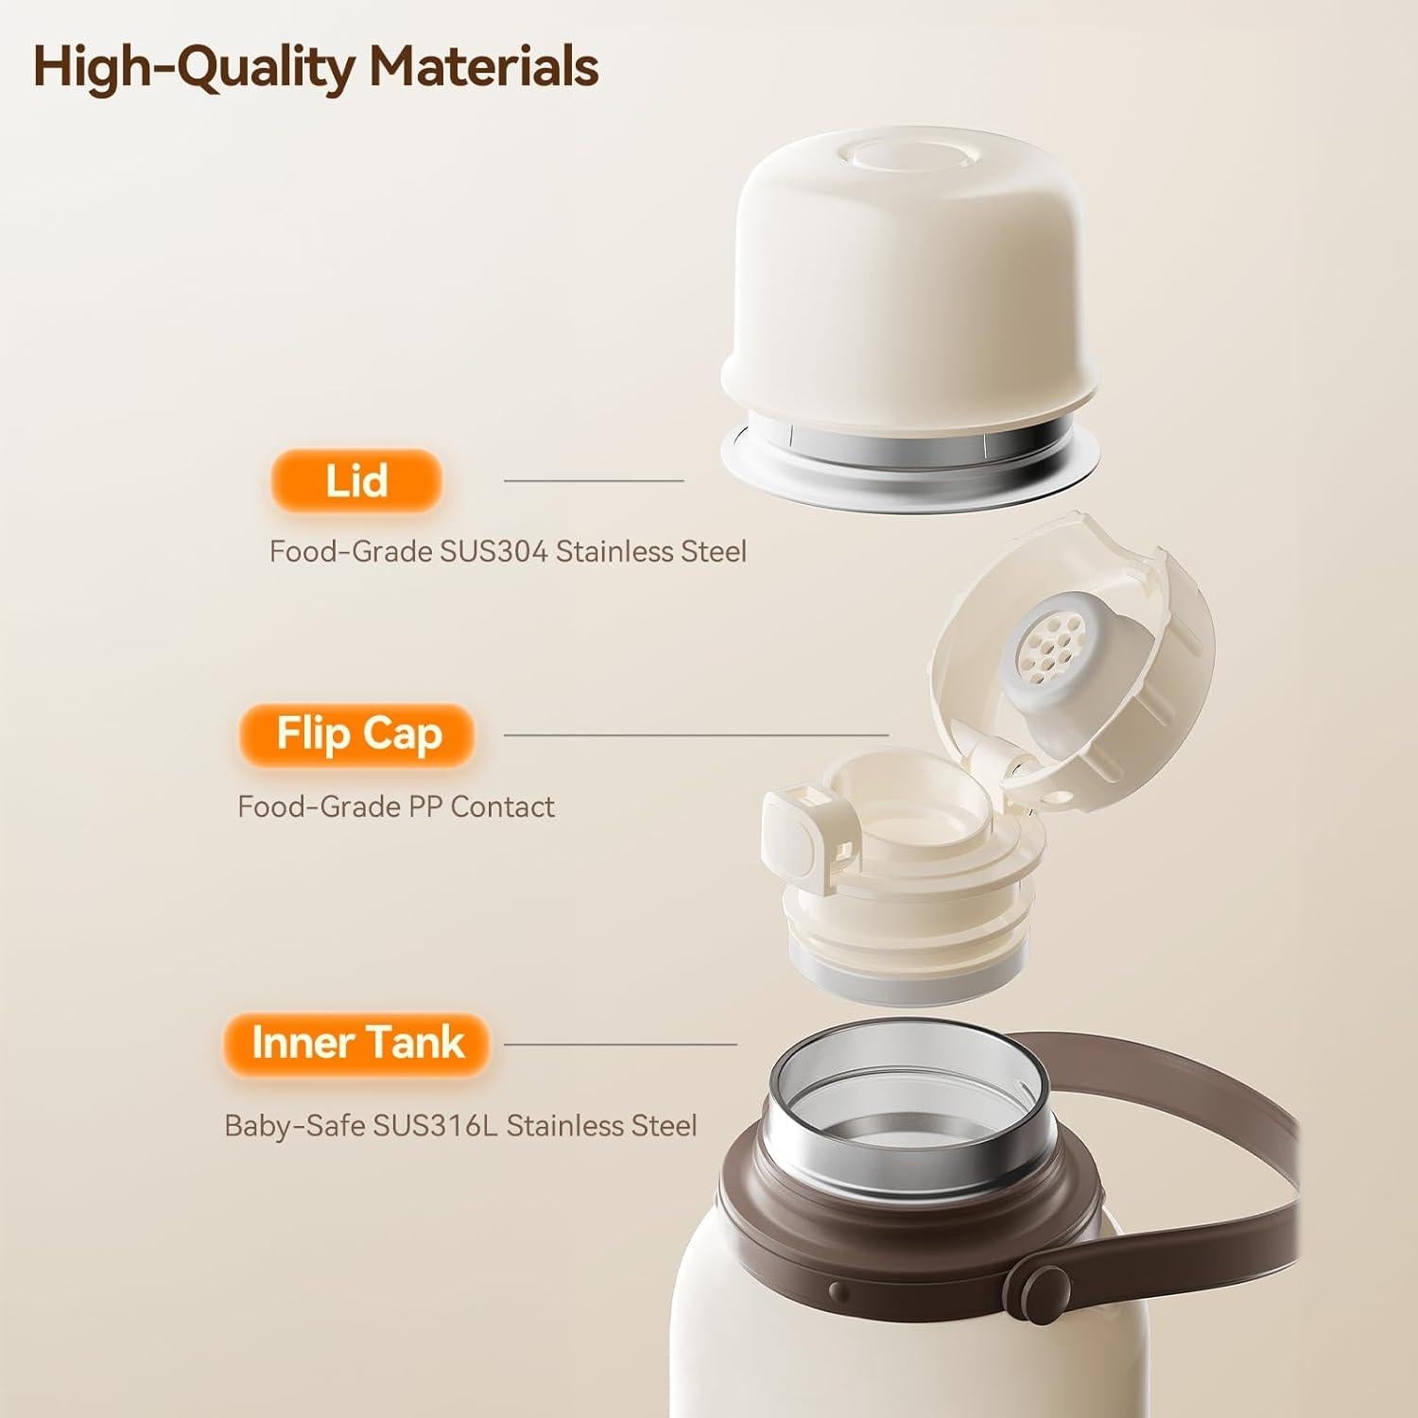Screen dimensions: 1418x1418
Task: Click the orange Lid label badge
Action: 356,480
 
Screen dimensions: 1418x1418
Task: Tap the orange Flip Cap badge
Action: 358,734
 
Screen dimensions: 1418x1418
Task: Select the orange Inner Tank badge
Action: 357,1043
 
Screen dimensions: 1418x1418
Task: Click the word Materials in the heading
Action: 483,66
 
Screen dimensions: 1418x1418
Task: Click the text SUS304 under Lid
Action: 493,551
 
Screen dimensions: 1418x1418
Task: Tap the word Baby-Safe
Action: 294,1126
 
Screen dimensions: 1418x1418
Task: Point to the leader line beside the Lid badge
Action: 593,480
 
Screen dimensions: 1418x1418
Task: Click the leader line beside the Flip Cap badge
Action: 696,734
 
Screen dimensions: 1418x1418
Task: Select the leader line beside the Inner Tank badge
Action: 620,1045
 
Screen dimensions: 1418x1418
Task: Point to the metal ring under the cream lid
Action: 909,444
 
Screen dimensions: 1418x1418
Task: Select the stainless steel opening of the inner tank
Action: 908,1106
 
